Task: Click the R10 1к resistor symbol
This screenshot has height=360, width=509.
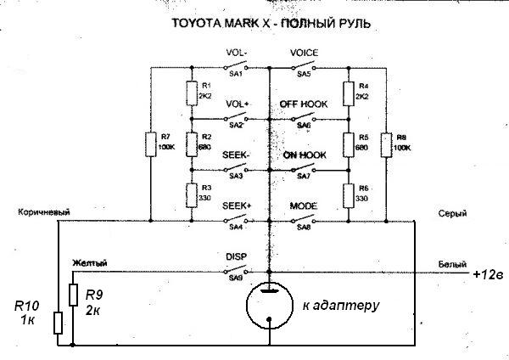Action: [x=57, y=323]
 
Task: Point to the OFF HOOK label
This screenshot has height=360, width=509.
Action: [x=303, y=104]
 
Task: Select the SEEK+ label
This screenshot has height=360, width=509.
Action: [x=237, y=205]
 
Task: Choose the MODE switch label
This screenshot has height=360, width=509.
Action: [x=303, y=205]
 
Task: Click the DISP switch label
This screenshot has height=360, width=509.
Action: [x=236, y=256]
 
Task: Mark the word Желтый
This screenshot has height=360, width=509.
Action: [x=89, y=264]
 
